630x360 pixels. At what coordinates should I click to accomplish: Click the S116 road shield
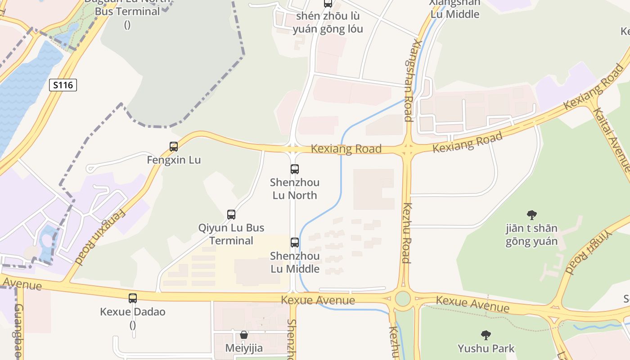pyautogui.click(x=63, y=85)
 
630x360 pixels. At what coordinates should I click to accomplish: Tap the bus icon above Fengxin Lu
pyautogui.click(x=174, y=146)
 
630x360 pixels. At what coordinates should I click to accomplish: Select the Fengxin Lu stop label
pyautogui.click(x=174, y=160)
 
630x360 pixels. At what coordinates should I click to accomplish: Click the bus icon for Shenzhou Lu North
pyautogui.click(x=295, y=169)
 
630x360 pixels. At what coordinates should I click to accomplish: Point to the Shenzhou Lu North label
pyautogui.click(x=295, y=189)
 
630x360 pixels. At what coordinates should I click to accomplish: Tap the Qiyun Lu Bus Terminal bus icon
pyautogui.click(x=231, y=215)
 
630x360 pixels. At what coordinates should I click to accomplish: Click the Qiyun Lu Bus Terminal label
pyautogui.click(x=231, y=234)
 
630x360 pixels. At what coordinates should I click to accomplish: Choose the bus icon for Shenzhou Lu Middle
pyautogui.click(x=295, y=243)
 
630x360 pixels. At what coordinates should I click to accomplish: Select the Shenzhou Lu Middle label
pyautogui.click(x=295, y=262)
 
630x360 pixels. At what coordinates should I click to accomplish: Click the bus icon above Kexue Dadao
pyautogui.click(x=133, y=298)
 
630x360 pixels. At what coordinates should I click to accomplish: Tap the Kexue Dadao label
pyautogui.click(x=133, y=312)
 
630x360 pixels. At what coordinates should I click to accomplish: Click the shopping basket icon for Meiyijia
pyautogui.click(x=244, y=335)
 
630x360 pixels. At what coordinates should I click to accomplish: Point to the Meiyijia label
pyautogui.click(x=244, y=348)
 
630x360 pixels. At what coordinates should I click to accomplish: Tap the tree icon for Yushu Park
pyautogui.click(x=486, y=335)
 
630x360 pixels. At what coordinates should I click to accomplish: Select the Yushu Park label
pyautogui.click(x=486, y=348)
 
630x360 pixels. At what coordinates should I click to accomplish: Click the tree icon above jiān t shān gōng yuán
pyautogui.click(x=531, y=215)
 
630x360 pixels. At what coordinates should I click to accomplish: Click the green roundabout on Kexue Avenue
pyautogui.click(x=403, y=298)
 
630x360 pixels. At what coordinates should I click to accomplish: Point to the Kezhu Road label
pyautogui.click(x=406, y=233)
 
